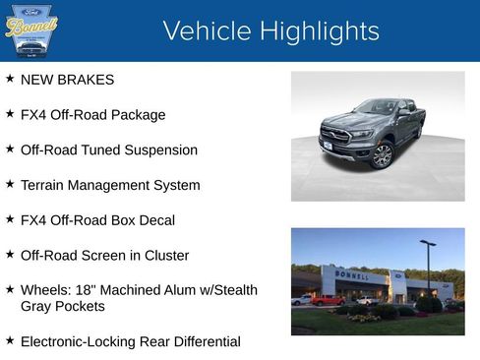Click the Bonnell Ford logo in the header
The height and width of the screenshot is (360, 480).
tap(31, 30)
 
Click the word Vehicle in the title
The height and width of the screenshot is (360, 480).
tap(204, 31)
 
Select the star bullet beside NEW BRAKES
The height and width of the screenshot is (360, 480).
tap(10, 79)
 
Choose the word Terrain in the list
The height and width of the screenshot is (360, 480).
tap(44, 185)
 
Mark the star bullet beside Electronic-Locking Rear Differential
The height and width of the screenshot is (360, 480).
tap(10, 341)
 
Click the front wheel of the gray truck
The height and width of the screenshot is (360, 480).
tap(383, 154)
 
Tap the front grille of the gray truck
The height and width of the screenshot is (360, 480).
tap(336, 136)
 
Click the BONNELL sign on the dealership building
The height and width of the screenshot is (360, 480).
tap(351, 276)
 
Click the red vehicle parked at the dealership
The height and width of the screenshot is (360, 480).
tap(327, 300)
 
